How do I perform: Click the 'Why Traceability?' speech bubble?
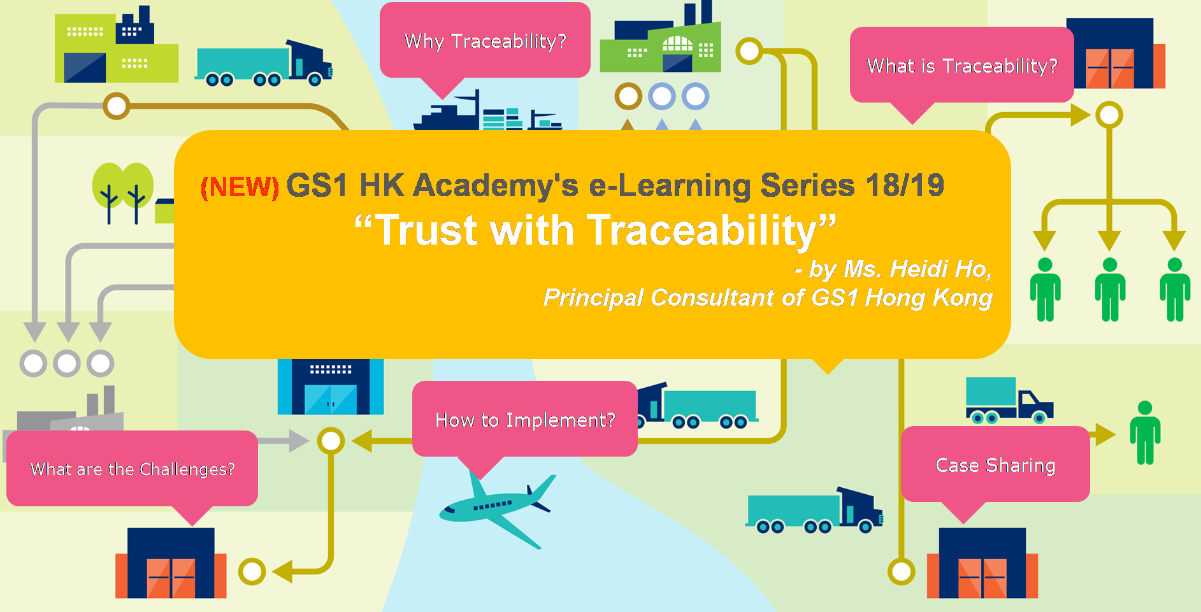pos(485,41)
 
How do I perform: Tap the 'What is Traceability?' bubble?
pos(961,65)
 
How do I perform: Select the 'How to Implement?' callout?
pos(524,419)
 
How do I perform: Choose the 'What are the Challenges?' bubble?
pos(132,469)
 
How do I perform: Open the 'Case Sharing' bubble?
pos(995,465)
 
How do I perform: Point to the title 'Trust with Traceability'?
pos(595,230)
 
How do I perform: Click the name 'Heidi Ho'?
pos(917,269)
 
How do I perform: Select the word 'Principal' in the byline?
pos(594,297)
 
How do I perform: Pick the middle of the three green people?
pos(1110,289)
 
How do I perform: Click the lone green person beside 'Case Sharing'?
pos(1145,432)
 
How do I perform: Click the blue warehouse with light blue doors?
pos(331,387)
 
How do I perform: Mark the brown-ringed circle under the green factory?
pos(628,96)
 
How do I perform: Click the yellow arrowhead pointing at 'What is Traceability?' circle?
pos(1081,115)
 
